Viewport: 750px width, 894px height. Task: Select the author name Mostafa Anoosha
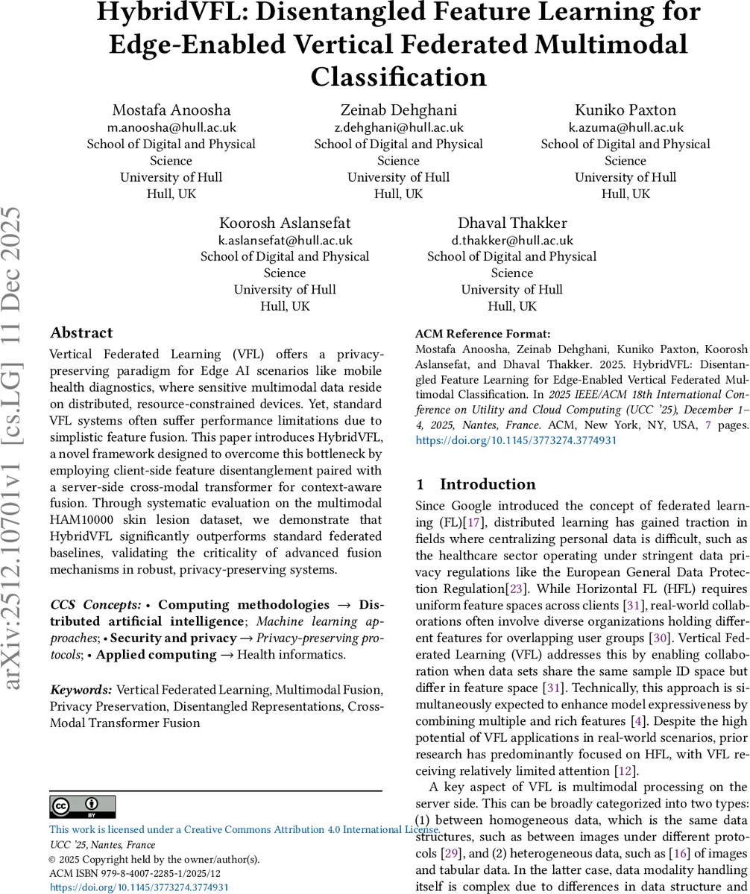(171, 110)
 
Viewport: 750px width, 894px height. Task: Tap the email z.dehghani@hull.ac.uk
(398, 127)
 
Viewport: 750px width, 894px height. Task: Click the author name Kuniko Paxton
(625, 110)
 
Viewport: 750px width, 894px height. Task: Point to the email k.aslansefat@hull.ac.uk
(285, 240)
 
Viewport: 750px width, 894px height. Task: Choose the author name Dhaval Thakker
(512, 223)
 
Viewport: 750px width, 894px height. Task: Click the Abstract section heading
(81, 333)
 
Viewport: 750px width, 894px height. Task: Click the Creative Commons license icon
(83, 807)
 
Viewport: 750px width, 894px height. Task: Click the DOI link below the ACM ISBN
(139, 887)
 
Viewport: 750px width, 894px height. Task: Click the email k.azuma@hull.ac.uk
(625, 127)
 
